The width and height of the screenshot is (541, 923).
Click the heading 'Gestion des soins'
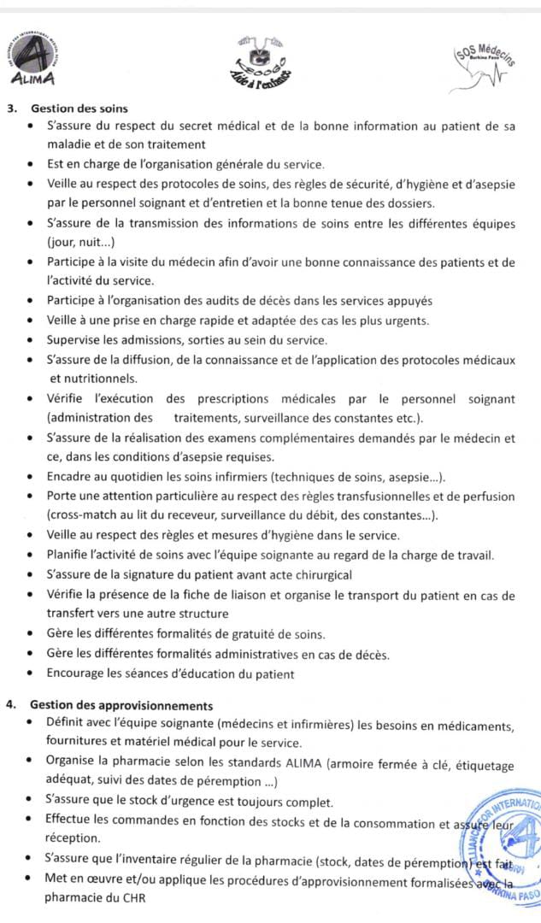pyautogui.click(x=79, y=109)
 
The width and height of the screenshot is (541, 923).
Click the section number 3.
pyautogui.click(x=9, y=109)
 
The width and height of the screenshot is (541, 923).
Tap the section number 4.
pyautogui.click(x=9, y=706)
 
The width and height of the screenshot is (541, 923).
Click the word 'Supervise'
pyautogui.click(x=74, y=340)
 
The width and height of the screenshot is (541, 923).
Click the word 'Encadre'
pyautogui.click(x=70, y=477)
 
